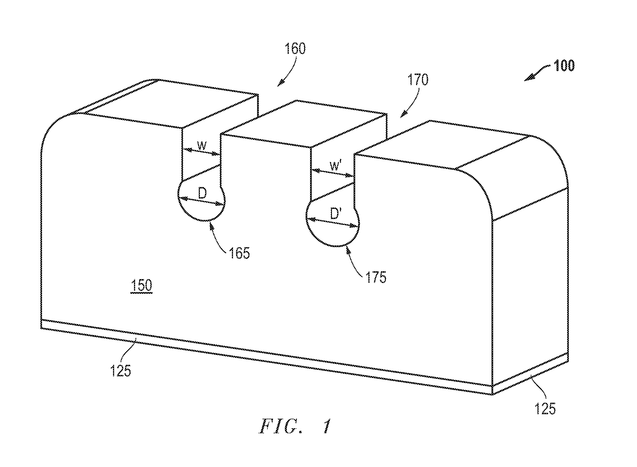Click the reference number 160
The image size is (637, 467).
[295, 49]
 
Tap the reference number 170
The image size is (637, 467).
[418, 80]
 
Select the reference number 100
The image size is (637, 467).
[564, 66]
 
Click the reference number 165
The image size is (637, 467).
[239, 253]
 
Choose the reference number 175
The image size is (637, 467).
[376, 277]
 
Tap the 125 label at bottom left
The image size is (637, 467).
[121, 371]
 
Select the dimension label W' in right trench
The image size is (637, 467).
[335, 166]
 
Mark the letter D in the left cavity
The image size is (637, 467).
[202, 194]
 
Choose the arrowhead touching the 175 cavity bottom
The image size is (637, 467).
[348, 250]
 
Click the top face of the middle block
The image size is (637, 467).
[304, 124]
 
